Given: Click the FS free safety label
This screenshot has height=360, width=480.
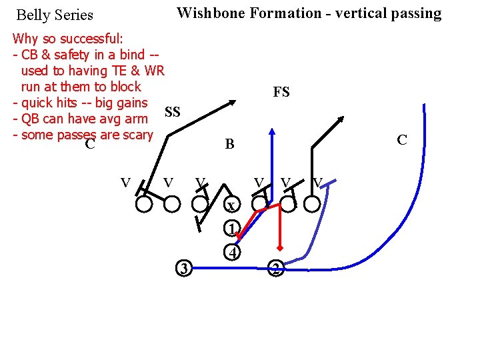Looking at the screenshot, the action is click(281, 92).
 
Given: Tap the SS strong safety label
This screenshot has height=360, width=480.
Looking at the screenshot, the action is click(172, 112).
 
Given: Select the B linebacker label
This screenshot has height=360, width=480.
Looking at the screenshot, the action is click(229, 143).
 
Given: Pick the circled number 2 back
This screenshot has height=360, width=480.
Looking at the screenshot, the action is click(275, 269).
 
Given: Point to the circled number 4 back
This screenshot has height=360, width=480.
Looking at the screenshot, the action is click(231, 253).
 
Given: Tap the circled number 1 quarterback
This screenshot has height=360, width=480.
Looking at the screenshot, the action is click(231, 229).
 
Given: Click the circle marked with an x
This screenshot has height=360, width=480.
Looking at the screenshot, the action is click(230, 205).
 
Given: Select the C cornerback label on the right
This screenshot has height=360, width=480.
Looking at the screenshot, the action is click(401, 140).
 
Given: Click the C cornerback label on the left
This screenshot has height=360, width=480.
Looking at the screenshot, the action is click(90, 144).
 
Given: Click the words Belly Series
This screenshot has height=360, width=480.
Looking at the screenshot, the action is click(55, 15).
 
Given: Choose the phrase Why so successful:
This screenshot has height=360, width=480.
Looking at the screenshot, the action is click(67, 38).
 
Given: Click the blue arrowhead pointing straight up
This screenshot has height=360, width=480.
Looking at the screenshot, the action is click(272, 131).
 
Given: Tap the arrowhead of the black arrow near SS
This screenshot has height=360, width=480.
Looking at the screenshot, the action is click(231, 102).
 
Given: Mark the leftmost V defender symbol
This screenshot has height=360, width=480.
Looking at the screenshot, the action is click(125, 181).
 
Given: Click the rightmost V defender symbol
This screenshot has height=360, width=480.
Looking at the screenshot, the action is click(318, 181).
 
